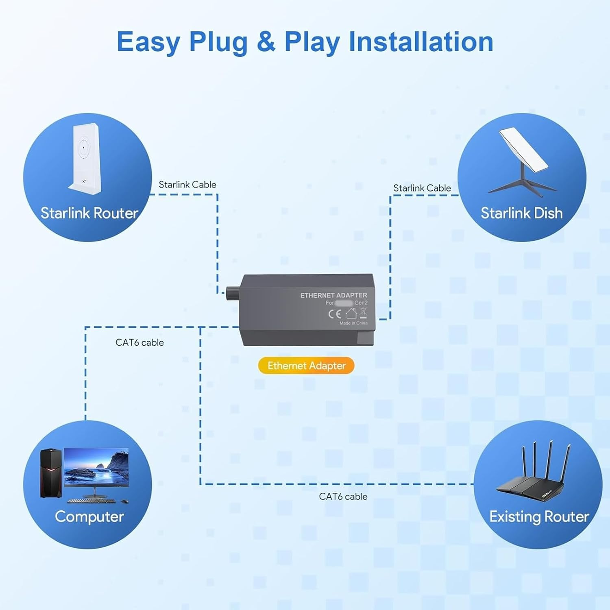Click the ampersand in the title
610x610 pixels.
click(266, 42)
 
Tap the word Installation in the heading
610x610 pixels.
click(421, 42)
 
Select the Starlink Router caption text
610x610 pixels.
click(89, 213)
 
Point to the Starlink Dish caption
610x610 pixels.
click(522, 213)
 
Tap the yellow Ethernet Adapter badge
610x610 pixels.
click(306, 366)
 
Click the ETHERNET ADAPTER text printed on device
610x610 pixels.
click(333, 295)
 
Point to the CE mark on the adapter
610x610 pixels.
click(334, 314)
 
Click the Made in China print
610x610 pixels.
click(353, 323)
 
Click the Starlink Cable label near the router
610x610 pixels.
click(187, 185)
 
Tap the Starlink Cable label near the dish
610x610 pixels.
click(422, 188)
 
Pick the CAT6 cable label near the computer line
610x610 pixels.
click(139, 342)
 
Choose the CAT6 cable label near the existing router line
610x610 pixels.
click(343, 497)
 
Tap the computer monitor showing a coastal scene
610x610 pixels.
click(96, 468)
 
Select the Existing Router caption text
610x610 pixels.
click(539, 516)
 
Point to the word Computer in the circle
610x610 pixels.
click(89, 516)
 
